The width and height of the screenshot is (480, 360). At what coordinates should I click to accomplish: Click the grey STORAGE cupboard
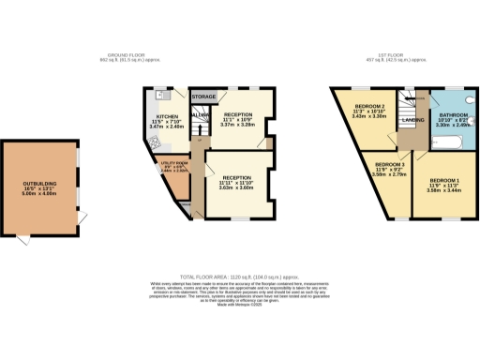[x=203, y=97]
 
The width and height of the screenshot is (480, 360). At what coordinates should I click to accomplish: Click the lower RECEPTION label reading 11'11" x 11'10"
[x=236, y=181]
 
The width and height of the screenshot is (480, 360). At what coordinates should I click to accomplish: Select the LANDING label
[x=409, y=121]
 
